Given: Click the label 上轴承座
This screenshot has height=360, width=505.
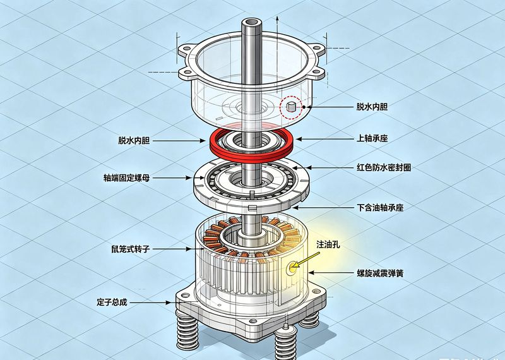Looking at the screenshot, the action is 372,138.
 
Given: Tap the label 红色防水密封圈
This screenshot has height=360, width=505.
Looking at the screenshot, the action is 384,167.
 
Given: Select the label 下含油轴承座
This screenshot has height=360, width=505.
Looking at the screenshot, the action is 381,207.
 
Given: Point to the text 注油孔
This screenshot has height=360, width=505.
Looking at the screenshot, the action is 328,244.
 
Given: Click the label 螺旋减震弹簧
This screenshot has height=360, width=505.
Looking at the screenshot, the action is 380,273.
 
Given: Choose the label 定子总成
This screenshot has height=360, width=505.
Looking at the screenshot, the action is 112,303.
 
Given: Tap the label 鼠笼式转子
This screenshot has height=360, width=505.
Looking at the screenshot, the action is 131,249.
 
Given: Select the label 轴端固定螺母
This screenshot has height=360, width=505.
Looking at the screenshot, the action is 127,177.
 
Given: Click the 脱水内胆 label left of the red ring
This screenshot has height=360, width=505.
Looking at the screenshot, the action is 134,140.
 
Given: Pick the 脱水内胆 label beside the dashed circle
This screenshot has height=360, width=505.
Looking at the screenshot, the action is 372,107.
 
